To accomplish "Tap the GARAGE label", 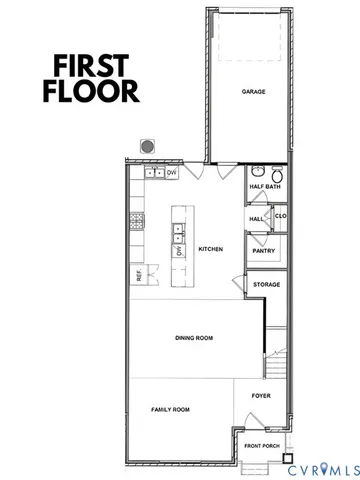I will click(252, 91).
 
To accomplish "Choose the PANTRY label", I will click(263, 251).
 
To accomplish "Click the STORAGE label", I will click(266, 284).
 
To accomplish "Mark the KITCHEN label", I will click(210, 249).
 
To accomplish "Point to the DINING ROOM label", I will click(194, 339).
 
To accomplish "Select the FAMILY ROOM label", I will click(170, 410).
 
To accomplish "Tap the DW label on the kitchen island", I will click(180, 251).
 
